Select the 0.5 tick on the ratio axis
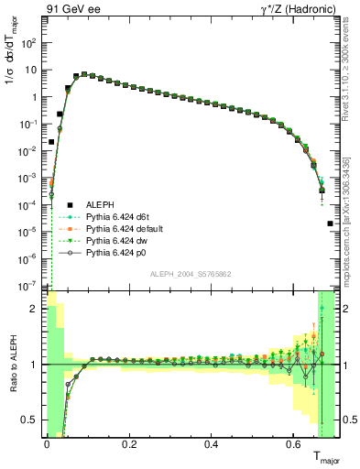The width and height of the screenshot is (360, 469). pyautogui.click(x=31, y=420)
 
